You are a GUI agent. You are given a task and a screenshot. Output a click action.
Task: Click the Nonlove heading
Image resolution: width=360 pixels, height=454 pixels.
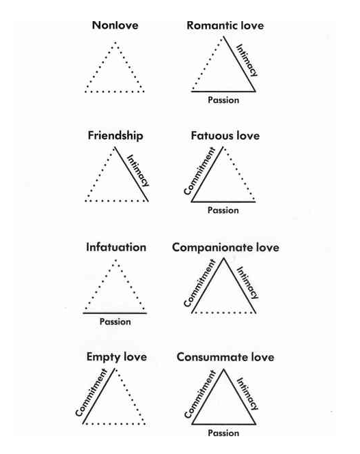coord(115,25)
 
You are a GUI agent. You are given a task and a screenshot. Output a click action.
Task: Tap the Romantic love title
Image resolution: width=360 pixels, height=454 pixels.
coord(225,25)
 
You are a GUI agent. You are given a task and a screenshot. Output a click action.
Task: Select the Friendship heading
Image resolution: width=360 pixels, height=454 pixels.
coord(115,136)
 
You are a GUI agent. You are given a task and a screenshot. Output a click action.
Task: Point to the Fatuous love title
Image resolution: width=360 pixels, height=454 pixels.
coord(225,136)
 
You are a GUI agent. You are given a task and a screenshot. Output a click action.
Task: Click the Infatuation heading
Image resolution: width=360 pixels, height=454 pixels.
coord(116,247)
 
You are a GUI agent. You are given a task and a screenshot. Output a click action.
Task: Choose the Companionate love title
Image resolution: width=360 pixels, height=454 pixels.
coord(225,248)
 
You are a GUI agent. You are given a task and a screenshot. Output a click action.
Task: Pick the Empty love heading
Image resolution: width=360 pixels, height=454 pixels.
coord(116,357)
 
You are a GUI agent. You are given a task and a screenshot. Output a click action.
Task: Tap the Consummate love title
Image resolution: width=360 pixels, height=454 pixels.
coord(225,357)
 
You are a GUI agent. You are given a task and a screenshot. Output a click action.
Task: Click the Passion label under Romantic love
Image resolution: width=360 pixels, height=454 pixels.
coord(223,100)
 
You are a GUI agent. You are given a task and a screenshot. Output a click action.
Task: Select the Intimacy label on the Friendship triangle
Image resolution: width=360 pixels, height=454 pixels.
coord(139,171)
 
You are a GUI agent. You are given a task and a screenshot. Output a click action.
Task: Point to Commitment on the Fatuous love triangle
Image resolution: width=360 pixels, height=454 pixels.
coord(200,171)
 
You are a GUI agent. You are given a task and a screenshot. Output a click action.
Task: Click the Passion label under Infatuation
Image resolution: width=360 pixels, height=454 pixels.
coord(115,322)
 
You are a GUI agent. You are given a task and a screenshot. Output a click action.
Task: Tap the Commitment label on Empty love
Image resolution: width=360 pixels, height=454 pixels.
coord(92,393)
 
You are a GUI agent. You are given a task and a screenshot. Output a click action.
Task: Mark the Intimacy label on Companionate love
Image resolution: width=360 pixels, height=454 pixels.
coord(247,283)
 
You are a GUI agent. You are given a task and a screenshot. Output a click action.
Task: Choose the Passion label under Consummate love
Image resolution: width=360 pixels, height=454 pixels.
coord(223,433)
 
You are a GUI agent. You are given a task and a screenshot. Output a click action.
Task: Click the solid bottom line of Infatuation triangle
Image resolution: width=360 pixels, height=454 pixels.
coord(115,313)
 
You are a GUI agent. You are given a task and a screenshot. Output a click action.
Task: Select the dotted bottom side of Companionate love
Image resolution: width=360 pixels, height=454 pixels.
coord(223,313)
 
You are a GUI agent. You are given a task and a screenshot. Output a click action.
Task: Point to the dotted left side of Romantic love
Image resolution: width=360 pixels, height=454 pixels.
coord(208,63)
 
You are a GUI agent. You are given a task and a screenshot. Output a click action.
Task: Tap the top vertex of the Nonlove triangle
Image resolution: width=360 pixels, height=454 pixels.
coord(115,42)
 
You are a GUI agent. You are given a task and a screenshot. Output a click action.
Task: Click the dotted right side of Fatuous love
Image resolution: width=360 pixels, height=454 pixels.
coord(240,173)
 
